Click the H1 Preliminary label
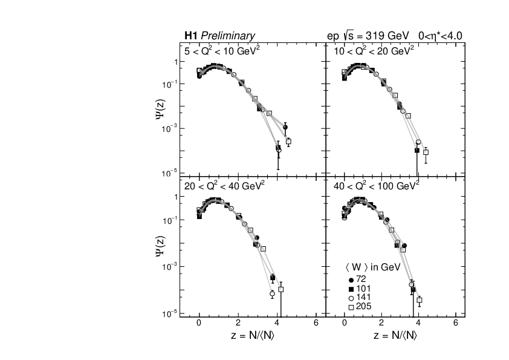click(219, 36)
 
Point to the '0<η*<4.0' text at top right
click(440, 36)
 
